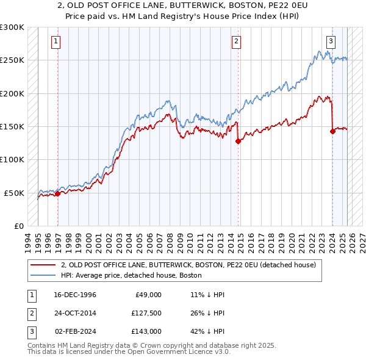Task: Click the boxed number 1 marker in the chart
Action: (x=56, y=41)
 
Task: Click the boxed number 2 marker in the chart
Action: (x=236, y=41)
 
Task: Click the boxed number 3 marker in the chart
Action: (x=330, y=41)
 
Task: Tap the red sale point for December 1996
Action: (x=58, y=193)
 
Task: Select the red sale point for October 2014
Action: (x=238, y=141)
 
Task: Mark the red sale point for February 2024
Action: (x=332, y=131)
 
